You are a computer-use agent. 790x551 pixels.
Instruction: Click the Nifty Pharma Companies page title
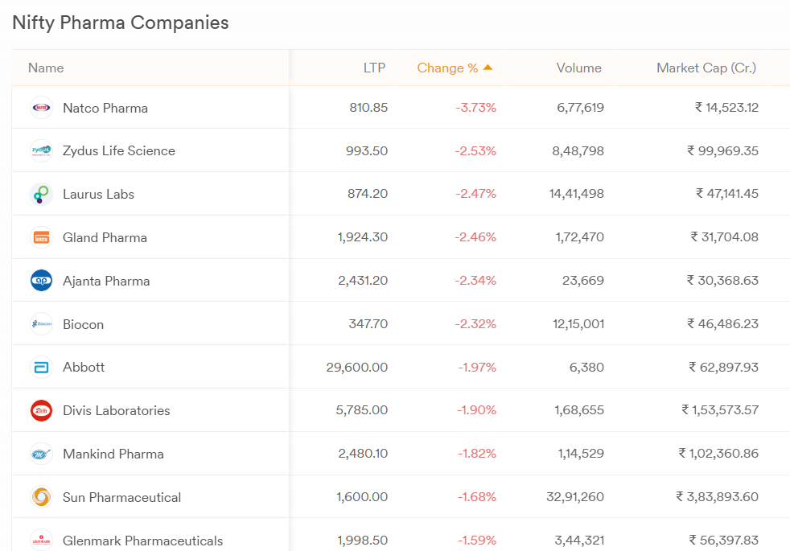click(x=121, y=23)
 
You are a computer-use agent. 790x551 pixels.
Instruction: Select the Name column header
click(x=46, y=68)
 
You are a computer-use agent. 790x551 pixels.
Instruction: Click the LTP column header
click(x=374, y=68)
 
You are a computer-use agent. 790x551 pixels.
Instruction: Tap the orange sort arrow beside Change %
click(x=488, y=68)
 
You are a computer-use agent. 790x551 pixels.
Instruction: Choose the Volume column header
click(x=578, y=68)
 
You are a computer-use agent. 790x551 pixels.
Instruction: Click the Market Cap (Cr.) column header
click(x=706, y=68)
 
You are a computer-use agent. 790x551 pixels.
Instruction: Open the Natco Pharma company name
click(x=105, y=108)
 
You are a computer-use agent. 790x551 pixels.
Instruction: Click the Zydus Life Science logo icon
click(x=41, y=150)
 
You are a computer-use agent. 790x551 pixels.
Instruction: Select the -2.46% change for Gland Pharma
click(x=475, y=237)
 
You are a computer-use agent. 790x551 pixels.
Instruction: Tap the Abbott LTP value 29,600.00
click(x=356, y=368)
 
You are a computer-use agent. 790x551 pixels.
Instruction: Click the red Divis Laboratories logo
click(x=41, y=410)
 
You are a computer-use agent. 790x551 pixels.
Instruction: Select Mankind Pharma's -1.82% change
click(x=477, y=454)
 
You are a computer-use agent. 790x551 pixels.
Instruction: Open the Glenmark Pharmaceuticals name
click(x=142, y=541)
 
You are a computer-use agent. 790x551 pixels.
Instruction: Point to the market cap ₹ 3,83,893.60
click(x=717, y=497)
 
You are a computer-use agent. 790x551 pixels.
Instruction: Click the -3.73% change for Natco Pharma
click(x=475, y=108)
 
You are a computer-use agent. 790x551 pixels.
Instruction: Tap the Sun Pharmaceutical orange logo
click(x=41, y=497)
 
